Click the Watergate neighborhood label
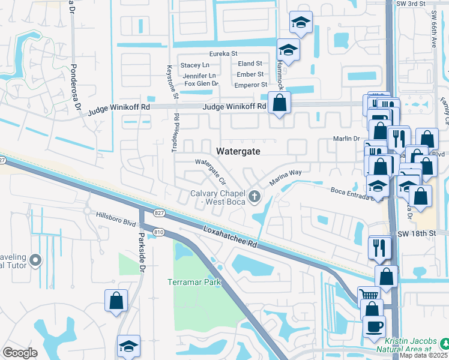point(238,151)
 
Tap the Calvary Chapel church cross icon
point(255,196)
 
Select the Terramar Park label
point(194,282)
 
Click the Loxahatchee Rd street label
point(231,237)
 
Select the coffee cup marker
point(374,327)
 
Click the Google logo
point(20,353)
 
